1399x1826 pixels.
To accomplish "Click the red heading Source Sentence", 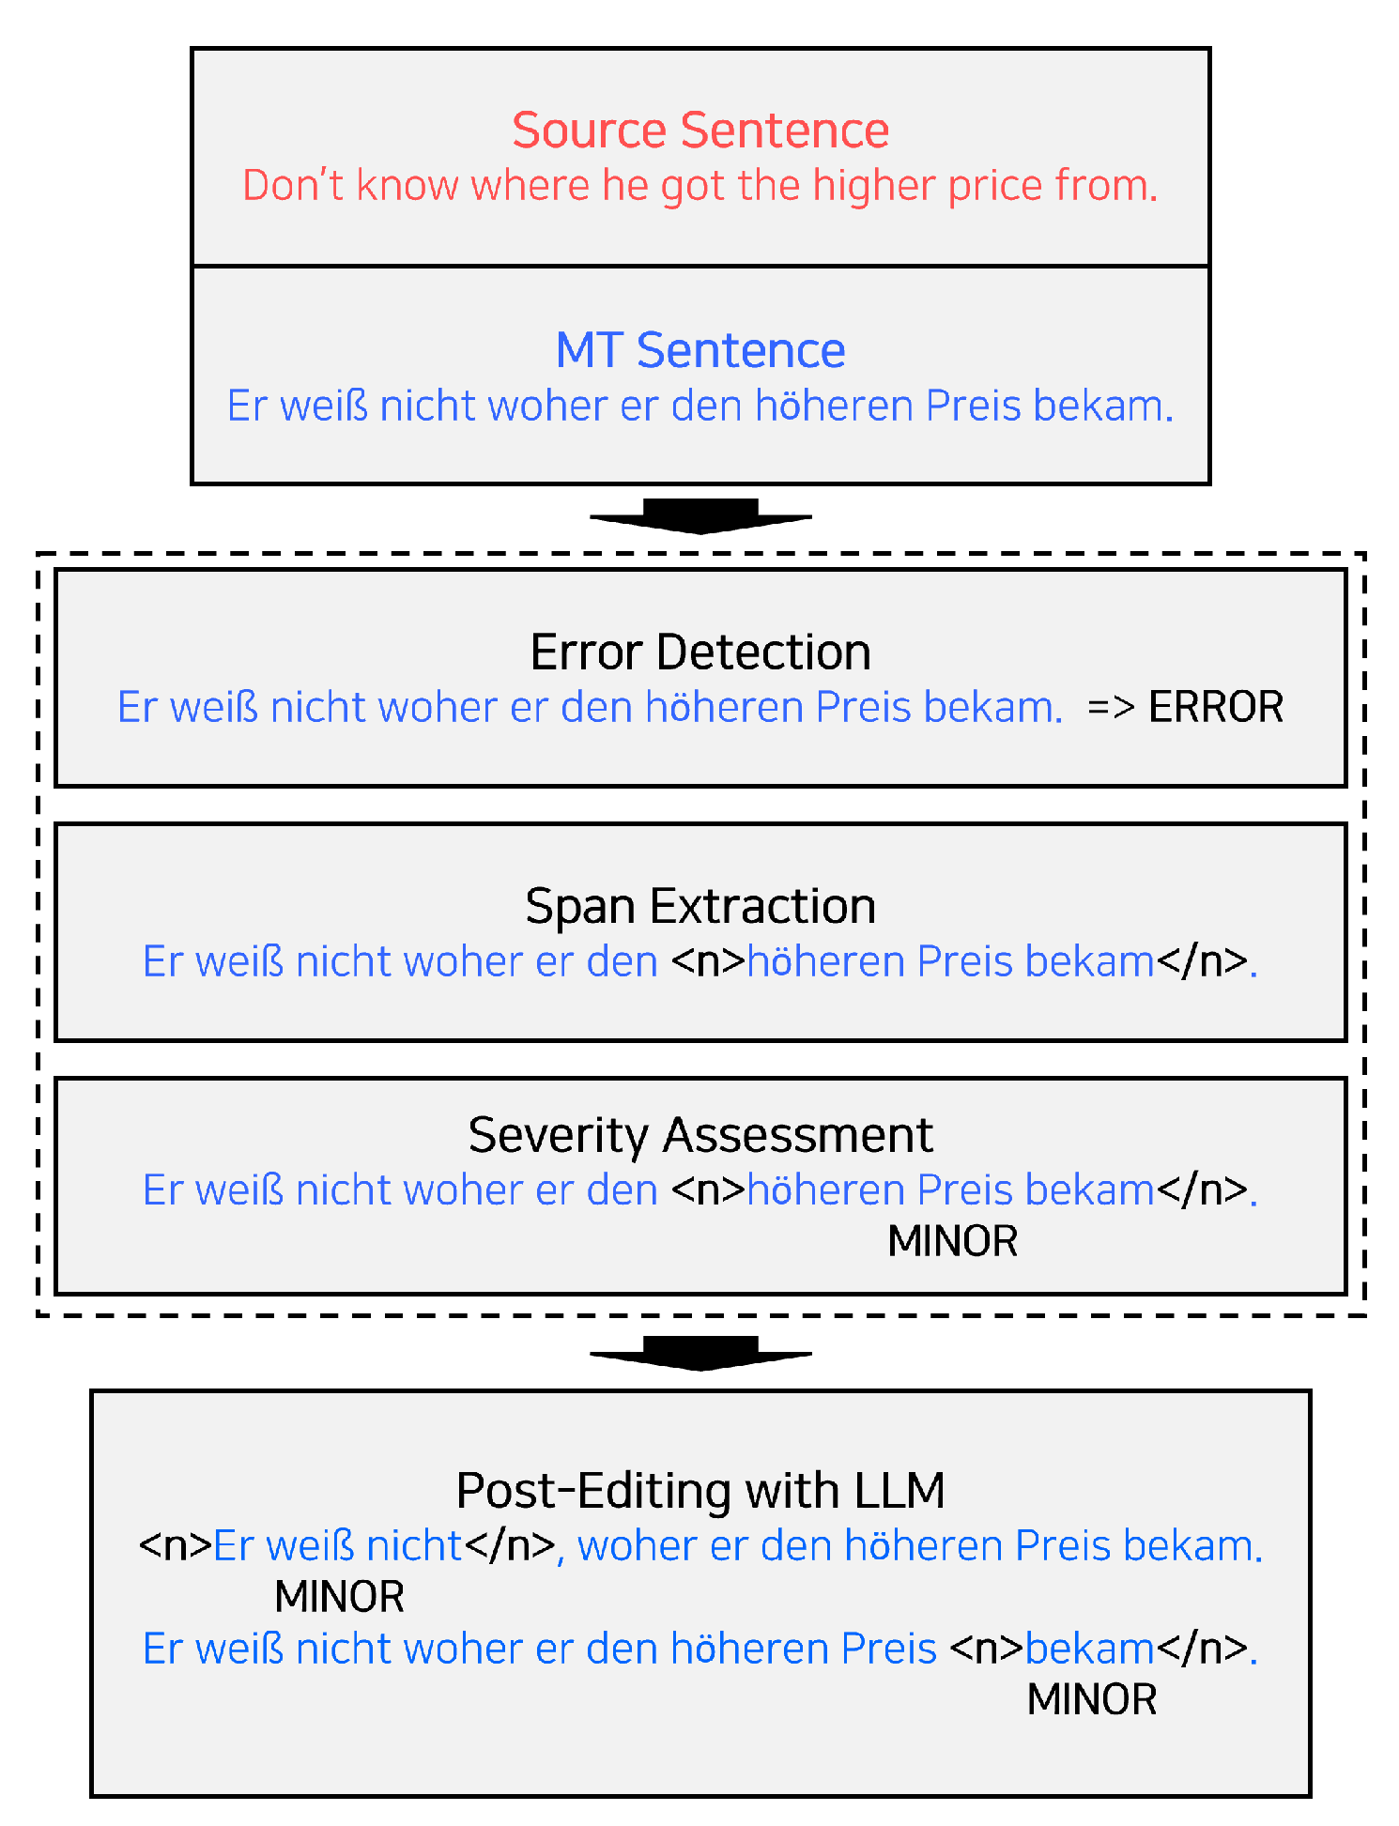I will [x=699, y=130].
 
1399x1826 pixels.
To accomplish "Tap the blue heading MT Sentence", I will [x=699, y=350].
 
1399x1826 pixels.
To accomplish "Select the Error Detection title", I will [x=699, y=652].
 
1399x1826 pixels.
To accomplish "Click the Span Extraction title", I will [x=699, y=907].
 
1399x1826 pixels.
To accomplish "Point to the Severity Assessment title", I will [x=699, y=1135].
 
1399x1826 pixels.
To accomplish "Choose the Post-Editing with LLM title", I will [x=699, y=1491].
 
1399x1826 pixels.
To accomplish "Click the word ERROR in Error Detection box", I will [x=1215, y=707].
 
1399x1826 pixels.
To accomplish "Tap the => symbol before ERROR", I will [x=1111, y=708].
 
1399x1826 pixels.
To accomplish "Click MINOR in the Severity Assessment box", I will [x=952, y=1241].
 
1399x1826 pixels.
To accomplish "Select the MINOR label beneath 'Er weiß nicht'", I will [x=339, y=1597].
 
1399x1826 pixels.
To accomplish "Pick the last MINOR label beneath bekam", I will [x=1091, y=1699].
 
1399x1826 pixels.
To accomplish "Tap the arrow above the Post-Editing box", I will [x=699, y=1353].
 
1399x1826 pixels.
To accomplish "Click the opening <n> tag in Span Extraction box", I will [x=708, y=961].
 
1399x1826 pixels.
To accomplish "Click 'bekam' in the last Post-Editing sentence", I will [x=1089, y=1649].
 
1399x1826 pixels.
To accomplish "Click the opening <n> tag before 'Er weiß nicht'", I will [x=175, y=1545].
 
